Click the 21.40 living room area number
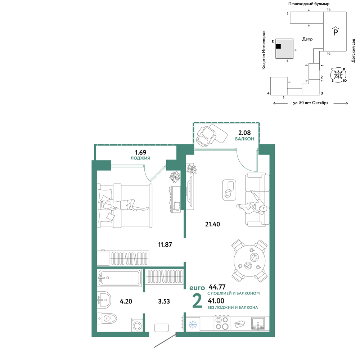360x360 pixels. [212, 224]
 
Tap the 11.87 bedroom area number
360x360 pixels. [165, 244]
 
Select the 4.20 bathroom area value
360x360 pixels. [126, 301]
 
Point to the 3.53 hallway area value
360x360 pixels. [164, 301]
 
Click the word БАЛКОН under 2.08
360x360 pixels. [244, 139]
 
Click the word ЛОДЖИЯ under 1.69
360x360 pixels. [140, 158]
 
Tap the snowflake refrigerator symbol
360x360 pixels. [193, 324]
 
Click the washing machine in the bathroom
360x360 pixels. [137, 325]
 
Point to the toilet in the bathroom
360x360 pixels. [107, 319]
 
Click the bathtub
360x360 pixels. [120, 278]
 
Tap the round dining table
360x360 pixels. [249, 261]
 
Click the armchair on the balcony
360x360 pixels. [206, 136]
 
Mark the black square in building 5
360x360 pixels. [278, 46]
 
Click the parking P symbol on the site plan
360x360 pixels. [336, 31]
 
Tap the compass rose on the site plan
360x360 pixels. [338, 75]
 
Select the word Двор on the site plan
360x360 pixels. [307, 39]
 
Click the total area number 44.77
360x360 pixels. [217, 287]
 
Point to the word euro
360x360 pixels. [197, 288]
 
